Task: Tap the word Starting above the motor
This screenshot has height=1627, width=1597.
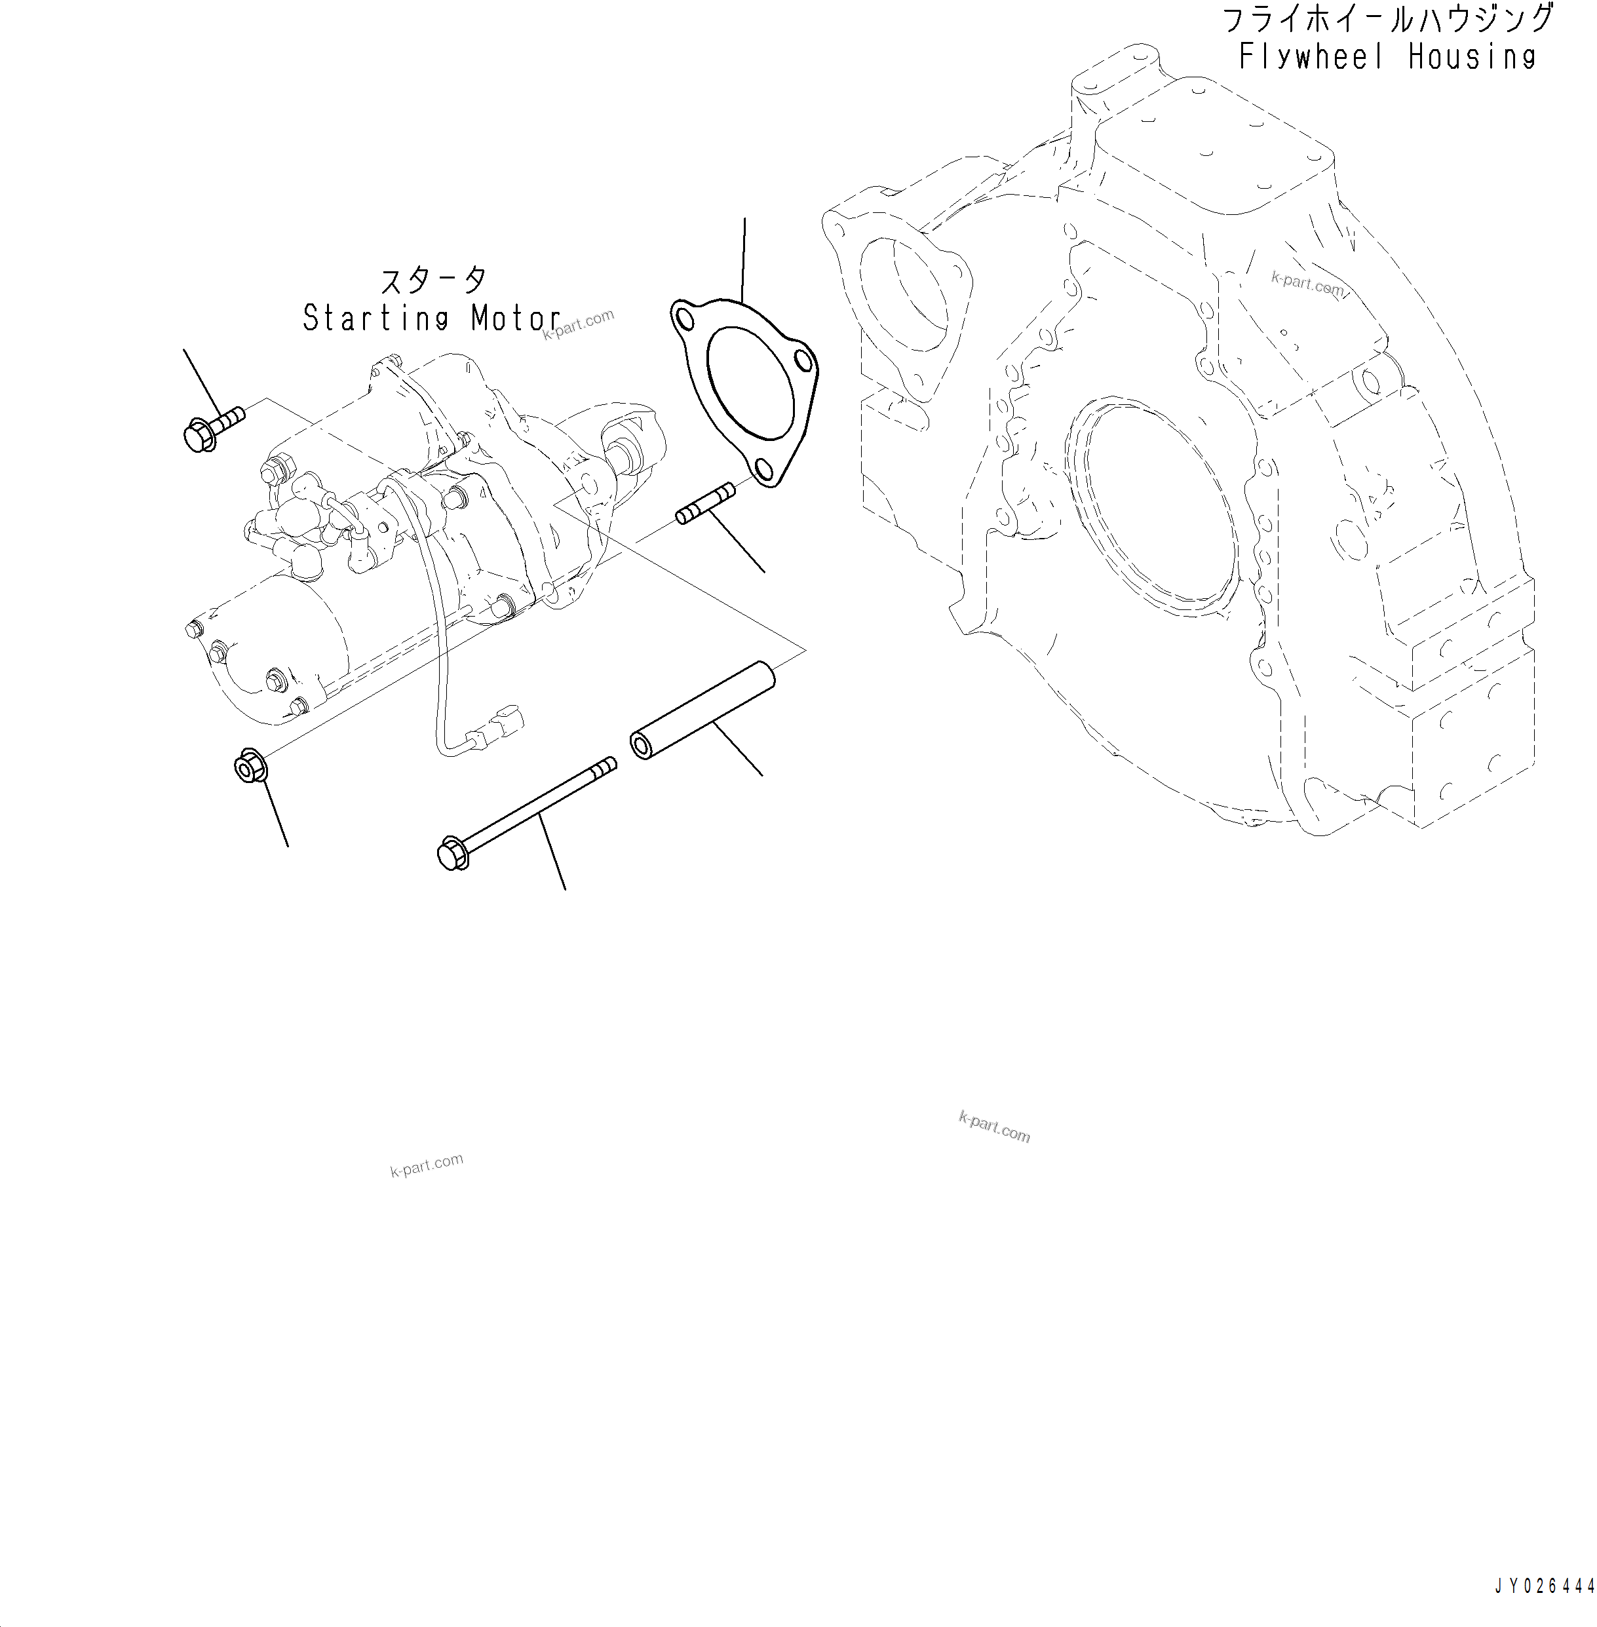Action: (x=375, y=318)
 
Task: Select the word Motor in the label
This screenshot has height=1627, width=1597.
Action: (x=516, y=318)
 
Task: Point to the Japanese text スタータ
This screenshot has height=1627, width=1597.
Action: (x=433, y=279)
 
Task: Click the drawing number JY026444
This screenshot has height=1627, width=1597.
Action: (x=1544, y=1586)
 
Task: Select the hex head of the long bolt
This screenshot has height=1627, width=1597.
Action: (x=452, y=854)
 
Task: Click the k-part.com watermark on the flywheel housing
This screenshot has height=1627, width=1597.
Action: (x=1307, y=284)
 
